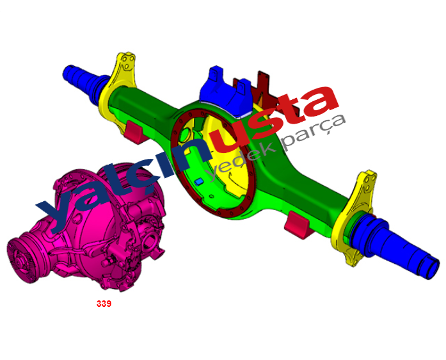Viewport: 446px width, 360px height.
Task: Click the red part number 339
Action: coord(104,304)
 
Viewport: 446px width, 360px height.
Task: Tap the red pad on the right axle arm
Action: coord(298,225)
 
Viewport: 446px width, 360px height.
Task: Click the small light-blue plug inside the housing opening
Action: coord(198,181)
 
